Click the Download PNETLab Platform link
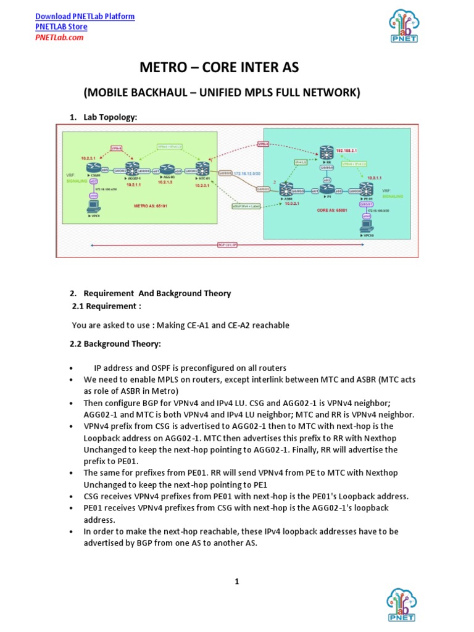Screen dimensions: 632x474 [85, 16]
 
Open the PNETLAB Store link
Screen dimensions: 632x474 [61, 27]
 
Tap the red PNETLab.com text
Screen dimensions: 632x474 [59, 37]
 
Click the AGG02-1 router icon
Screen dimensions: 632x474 [130, 168]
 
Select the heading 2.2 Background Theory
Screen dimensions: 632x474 [117, 344]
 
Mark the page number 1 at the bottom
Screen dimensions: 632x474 [236, 581]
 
